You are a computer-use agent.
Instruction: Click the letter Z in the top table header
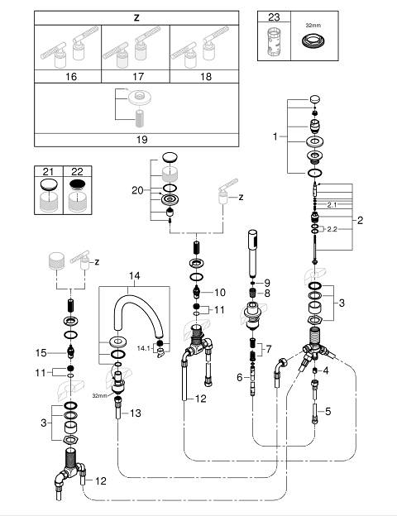(136, 17)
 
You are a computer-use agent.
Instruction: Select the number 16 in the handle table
(71, 77)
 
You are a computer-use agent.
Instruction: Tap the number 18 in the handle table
(206, 77)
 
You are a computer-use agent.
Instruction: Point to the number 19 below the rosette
(142, 140)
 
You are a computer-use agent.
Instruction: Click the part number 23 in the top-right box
(274, 17)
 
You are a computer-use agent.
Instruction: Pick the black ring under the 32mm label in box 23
(314, 41)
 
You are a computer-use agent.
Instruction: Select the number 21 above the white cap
(48, 171)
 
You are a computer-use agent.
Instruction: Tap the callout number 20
(137, 190)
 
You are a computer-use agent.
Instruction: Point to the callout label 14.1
(144, 348)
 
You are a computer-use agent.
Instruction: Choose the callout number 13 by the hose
(136, 413)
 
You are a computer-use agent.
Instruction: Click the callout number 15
(41, 353)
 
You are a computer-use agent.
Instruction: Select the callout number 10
(220, 292)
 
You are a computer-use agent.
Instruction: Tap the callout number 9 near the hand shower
(267, 283)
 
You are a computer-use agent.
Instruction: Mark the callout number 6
(240, 377)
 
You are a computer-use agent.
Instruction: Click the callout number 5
(328, 411)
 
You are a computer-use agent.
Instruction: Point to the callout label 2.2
(332, 229)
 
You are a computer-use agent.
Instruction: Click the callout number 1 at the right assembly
(275, 136)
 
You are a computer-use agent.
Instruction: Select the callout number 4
(326, 370)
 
